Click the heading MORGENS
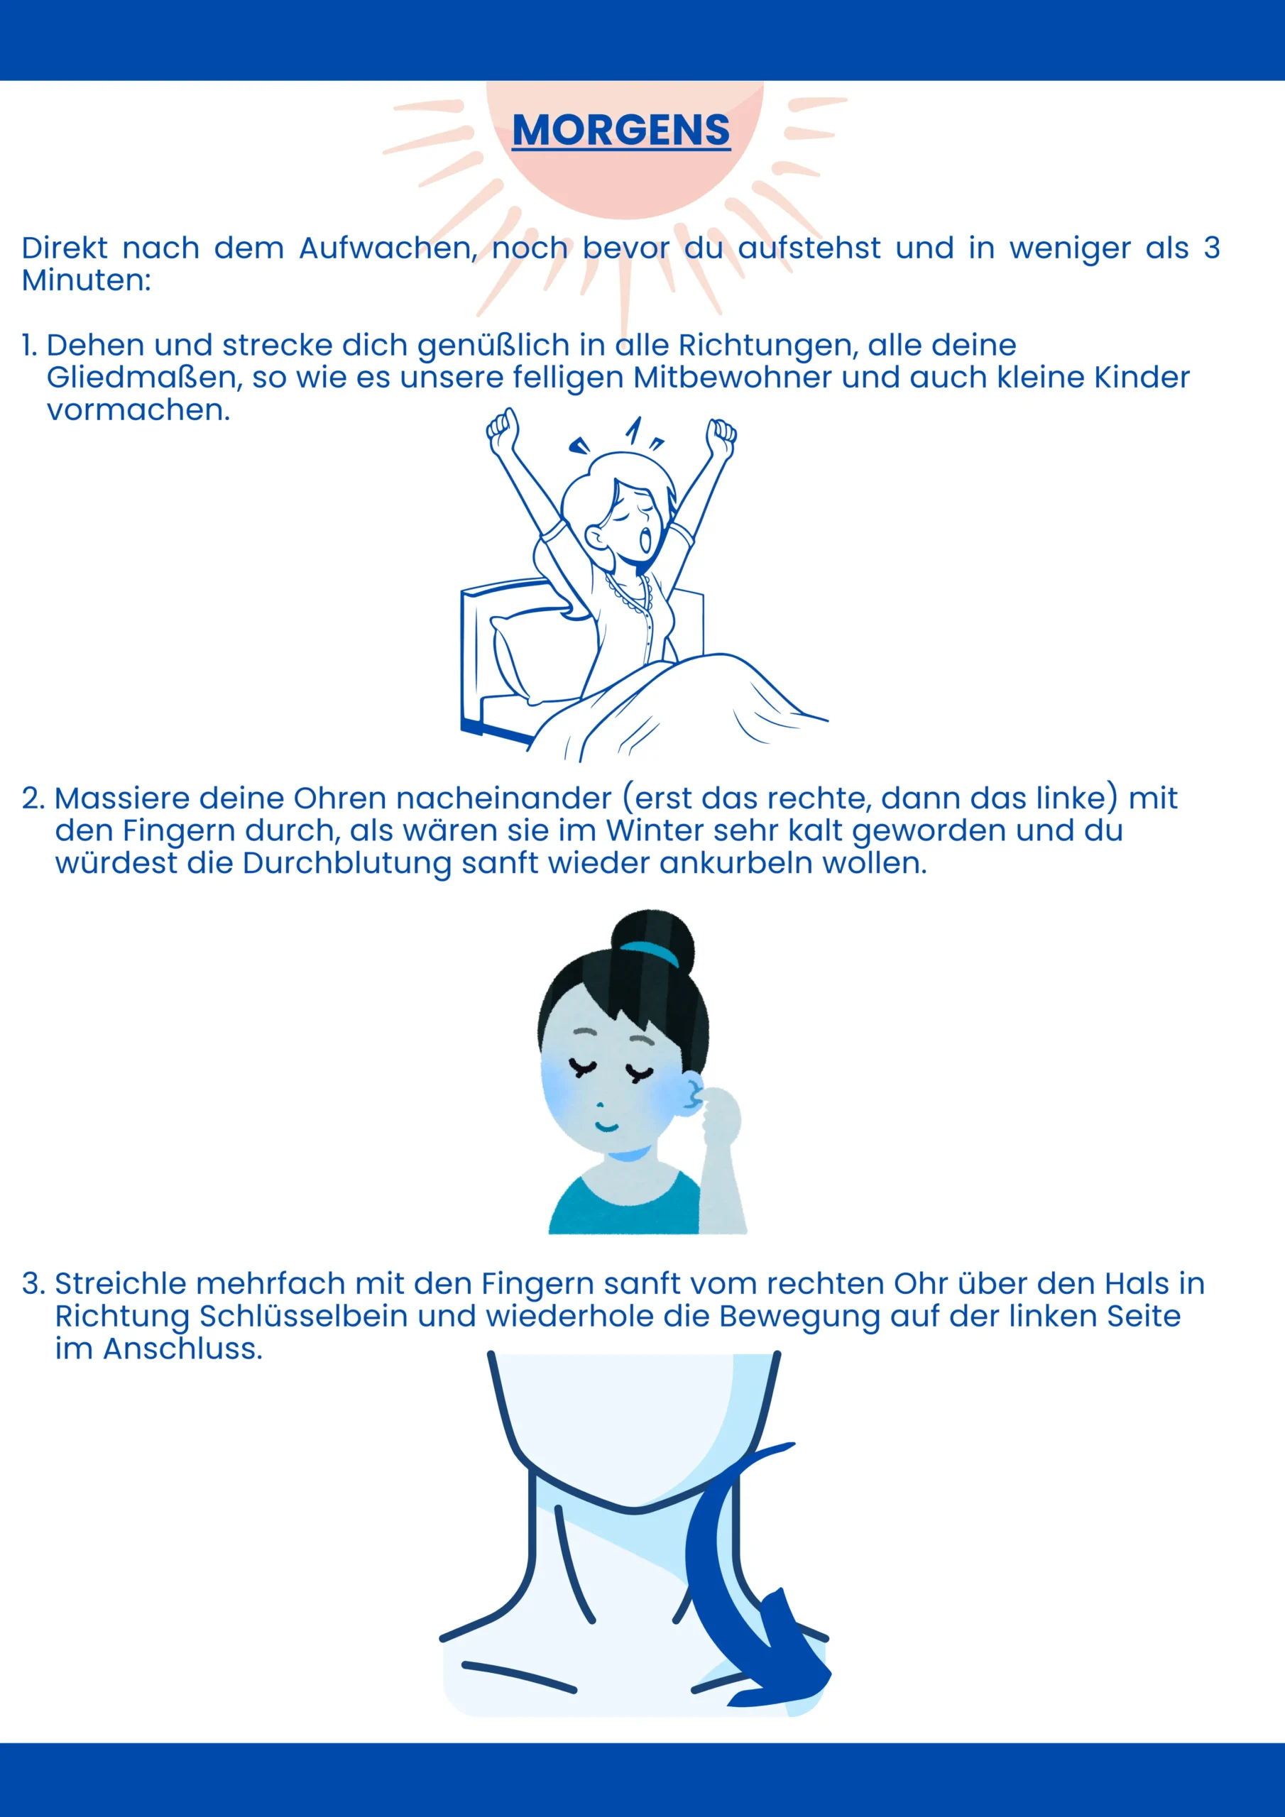coord(620,130)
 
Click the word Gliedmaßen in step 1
coord(144,378)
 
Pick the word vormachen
coord(138,410)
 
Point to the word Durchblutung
coord(346,863)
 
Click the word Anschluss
coord(182,1349)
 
